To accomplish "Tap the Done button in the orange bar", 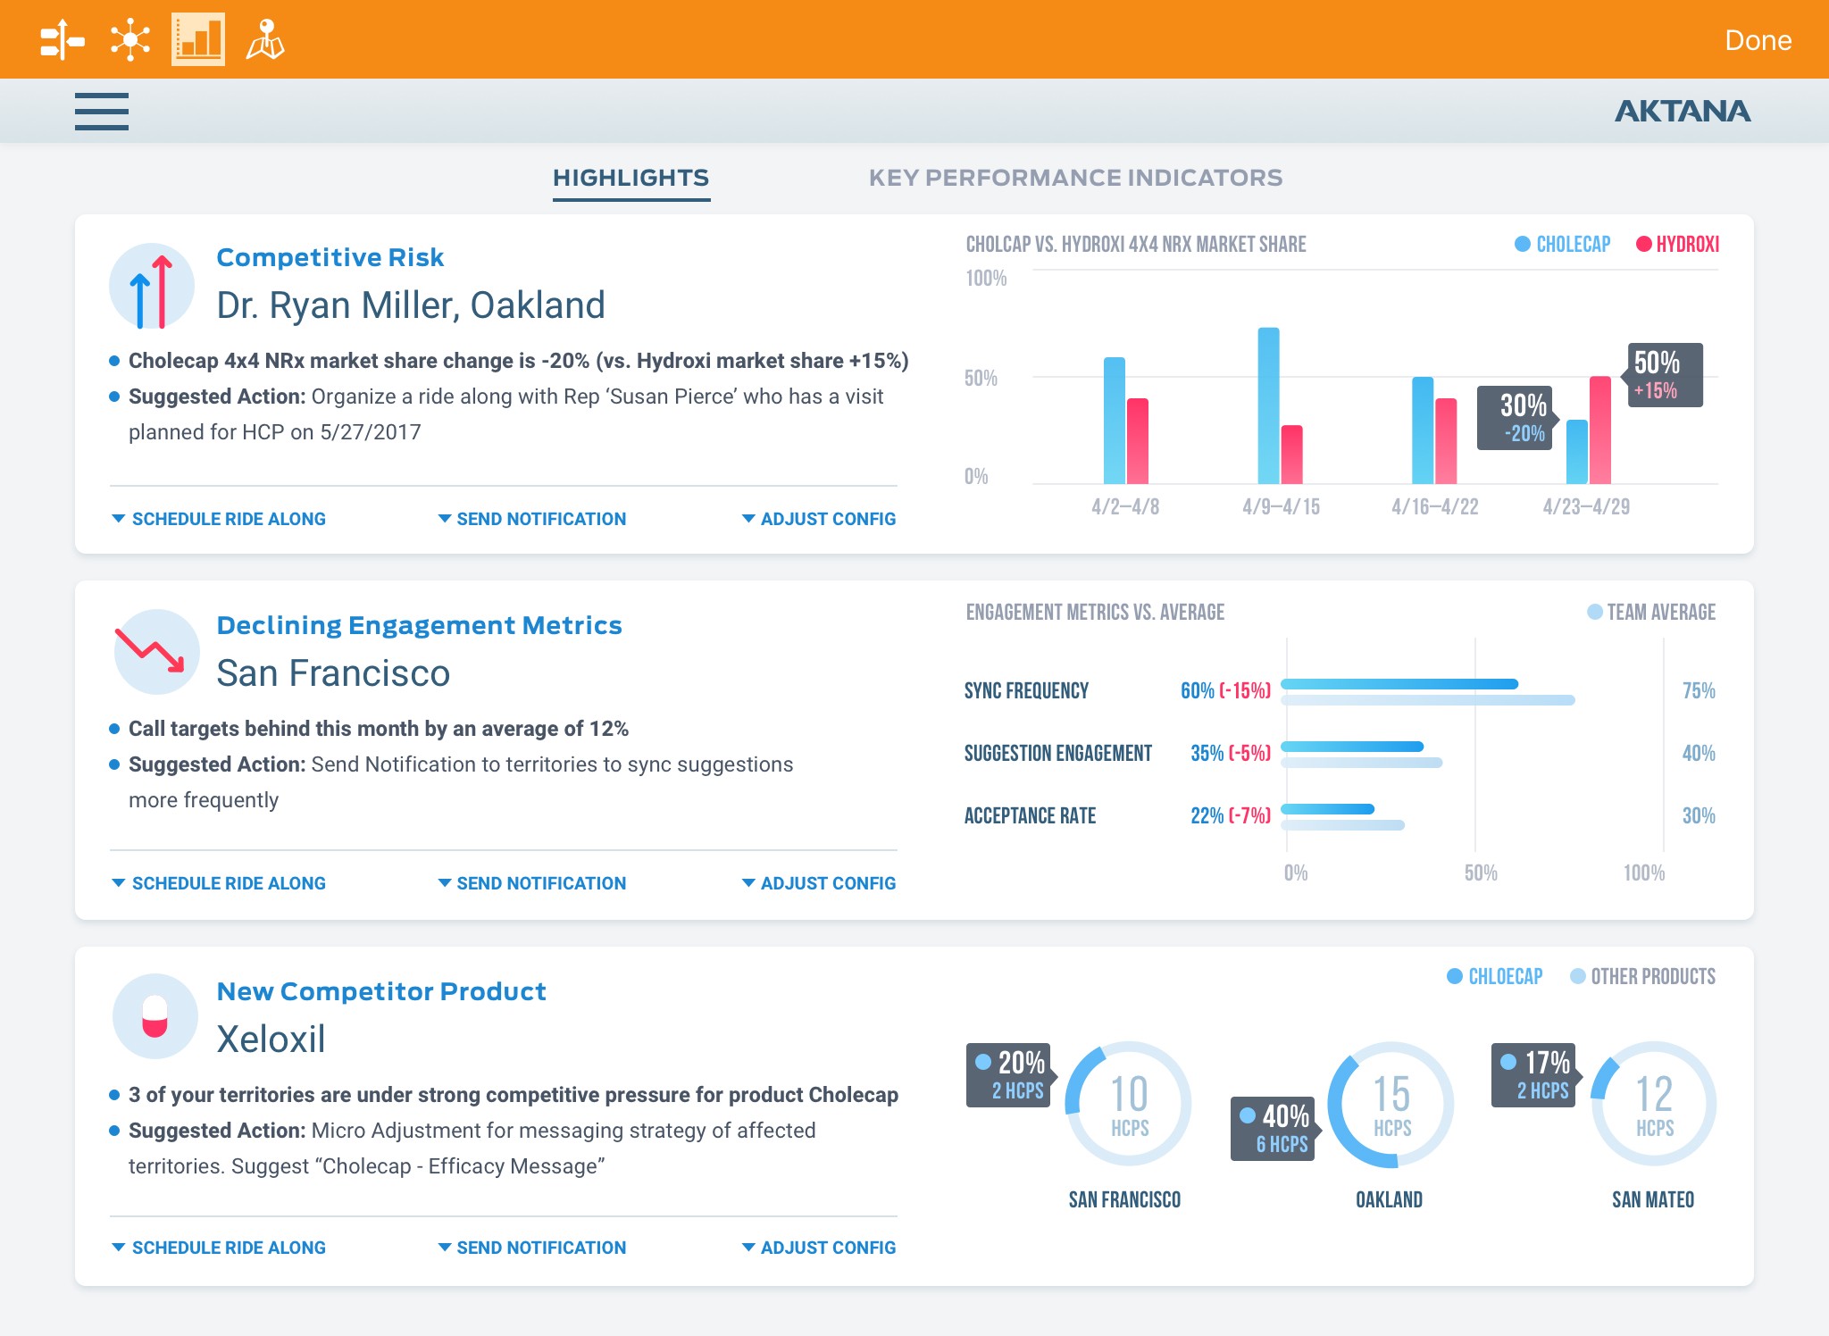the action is coord(1758,40).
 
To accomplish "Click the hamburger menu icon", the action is coord(102,112).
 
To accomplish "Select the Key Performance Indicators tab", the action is coord(1075,178).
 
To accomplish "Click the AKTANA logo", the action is coord(1683,111).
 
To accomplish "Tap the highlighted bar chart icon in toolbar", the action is coord(198,39).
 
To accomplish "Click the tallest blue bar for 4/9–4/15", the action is coord(1268,405).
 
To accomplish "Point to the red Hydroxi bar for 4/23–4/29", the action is coord(1600,430).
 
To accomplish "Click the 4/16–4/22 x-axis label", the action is coord(1434,506).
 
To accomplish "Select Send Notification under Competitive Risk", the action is coord(532,519).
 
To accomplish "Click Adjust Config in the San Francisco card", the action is coord(819,883).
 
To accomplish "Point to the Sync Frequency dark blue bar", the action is coord(1399,684).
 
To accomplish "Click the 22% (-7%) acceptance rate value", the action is coord(1231,815).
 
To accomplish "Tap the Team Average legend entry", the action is coord(1651,612).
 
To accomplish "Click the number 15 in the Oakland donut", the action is coord(1391,1093).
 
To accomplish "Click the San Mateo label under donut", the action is coord(1653,1199).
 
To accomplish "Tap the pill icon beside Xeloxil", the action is coord(155,1016).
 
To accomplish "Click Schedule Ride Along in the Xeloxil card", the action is coord(219,1248).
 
